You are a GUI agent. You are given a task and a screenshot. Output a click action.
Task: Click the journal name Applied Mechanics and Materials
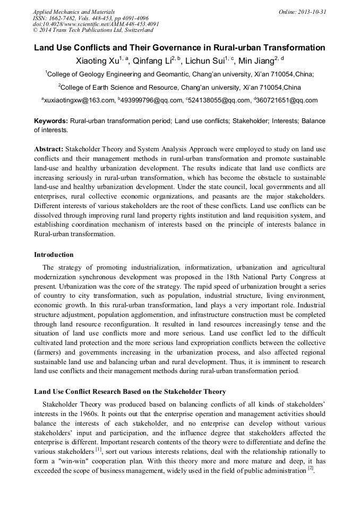73,12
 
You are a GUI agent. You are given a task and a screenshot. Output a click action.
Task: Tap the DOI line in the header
96,24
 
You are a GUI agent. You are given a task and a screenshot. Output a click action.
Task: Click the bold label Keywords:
51,121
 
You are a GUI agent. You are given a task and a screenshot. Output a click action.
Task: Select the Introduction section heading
54,255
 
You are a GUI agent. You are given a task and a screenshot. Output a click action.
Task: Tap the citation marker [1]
99,449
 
